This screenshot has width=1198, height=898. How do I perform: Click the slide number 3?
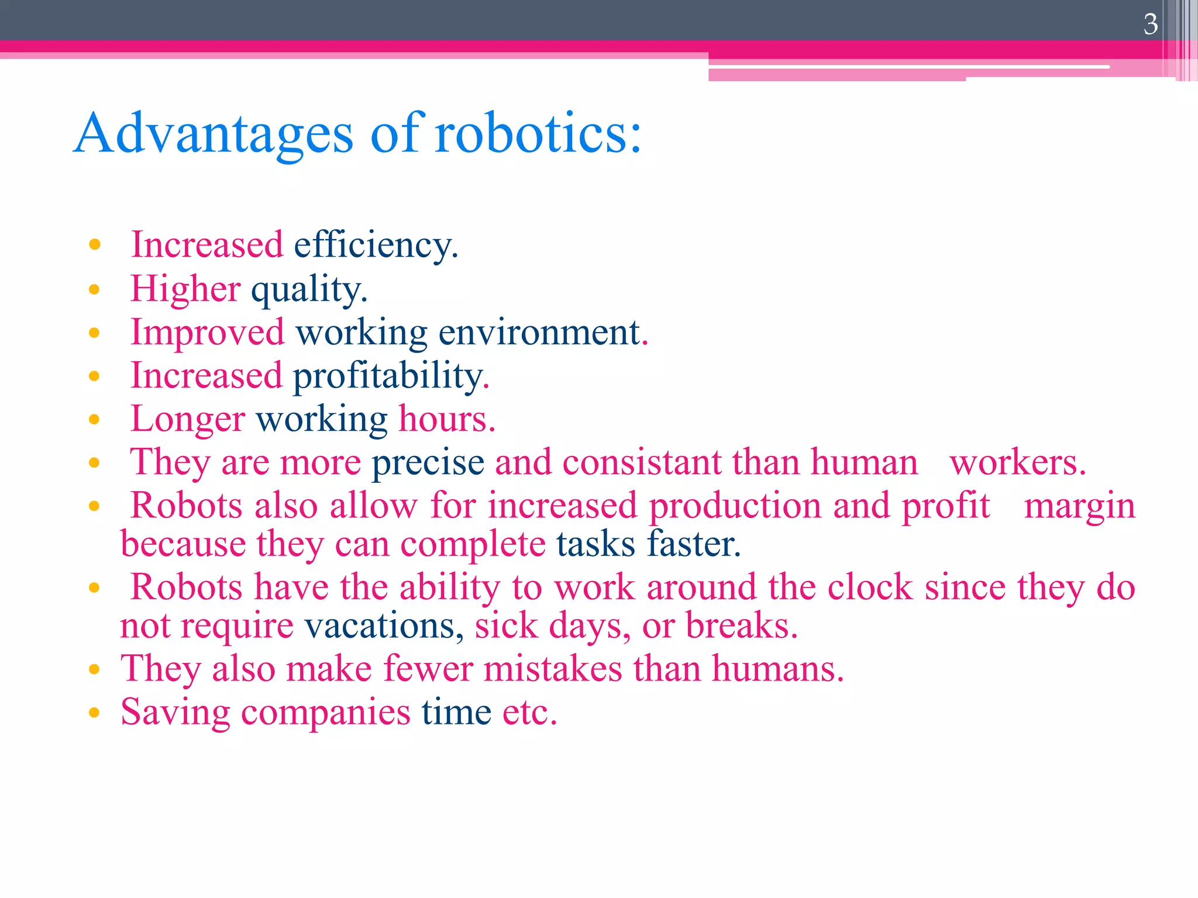[x=1150, y=25]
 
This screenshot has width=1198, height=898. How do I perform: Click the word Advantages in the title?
[x=214, y=134]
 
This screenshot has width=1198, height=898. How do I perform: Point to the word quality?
[x=308, y=289]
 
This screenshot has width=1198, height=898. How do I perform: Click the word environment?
[x=539, y=332]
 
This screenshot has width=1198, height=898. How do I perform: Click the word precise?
[x=428, y=462]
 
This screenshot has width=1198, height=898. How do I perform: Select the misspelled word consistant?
[x=642, y=462]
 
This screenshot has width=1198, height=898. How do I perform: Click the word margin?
[x=1079, y=506]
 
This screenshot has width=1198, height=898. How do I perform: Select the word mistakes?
[x=553, y=668]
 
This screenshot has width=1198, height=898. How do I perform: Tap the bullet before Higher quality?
[x=94, y=289]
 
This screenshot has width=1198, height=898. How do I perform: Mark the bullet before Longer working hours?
[x=94, y=419]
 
